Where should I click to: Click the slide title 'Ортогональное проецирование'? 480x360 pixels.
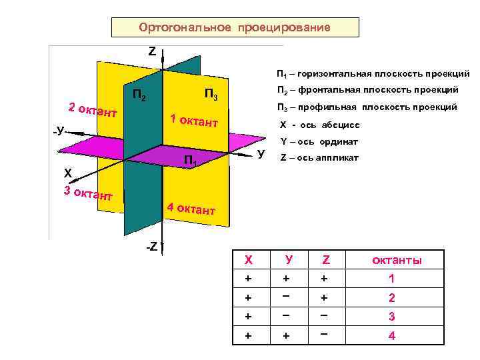pos(234,27)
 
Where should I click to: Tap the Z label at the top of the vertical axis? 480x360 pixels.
pos(152,51)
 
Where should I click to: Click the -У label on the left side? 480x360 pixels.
pos(59,131)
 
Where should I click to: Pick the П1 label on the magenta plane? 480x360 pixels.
pos(190,160)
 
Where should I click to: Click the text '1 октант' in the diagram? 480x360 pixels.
pos(194,121)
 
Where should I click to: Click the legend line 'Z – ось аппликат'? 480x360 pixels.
pos(319,158)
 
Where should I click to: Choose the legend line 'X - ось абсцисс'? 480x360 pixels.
pos(320,125)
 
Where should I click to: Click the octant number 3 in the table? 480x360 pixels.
pos(392,317)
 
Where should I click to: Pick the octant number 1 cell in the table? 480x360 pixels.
pos(392,279)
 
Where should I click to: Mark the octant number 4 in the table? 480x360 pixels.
pos(392,335)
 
